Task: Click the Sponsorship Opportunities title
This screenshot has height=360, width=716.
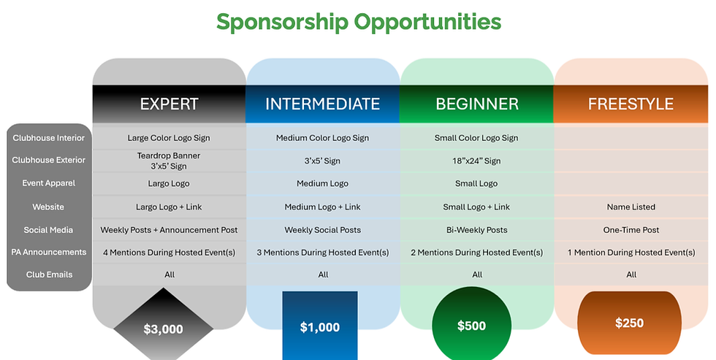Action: (358, 22)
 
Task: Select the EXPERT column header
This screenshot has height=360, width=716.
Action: (169, 104)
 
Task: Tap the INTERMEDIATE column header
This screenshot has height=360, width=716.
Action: (322, 104)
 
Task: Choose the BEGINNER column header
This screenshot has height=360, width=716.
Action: (477, 104)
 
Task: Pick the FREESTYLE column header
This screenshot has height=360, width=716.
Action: (631, 104)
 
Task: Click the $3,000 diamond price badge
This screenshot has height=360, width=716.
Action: (162, 329)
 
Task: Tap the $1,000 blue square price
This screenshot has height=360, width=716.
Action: (320, 326)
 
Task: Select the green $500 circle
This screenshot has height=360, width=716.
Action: (471, 326)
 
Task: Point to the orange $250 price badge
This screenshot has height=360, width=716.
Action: (629, 323)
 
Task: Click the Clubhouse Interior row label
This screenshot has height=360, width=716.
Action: (49, 138)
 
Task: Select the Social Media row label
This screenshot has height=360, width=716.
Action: (49, 230)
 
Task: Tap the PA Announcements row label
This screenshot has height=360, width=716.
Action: (49, 253)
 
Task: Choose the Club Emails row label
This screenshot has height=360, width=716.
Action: (49, 275)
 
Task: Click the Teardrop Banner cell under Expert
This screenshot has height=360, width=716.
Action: (169, 160)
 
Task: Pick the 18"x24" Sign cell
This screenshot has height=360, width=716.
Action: (476, 161)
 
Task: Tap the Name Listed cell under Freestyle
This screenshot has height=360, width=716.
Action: (631, 207)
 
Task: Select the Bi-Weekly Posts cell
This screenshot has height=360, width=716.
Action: (476, 230)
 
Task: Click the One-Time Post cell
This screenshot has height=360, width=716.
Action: (631, 230)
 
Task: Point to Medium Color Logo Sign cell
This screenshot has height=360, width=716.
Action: (322, 138)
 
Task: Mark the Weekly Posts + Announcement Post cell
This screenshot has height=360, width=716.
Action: (169, 230)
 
